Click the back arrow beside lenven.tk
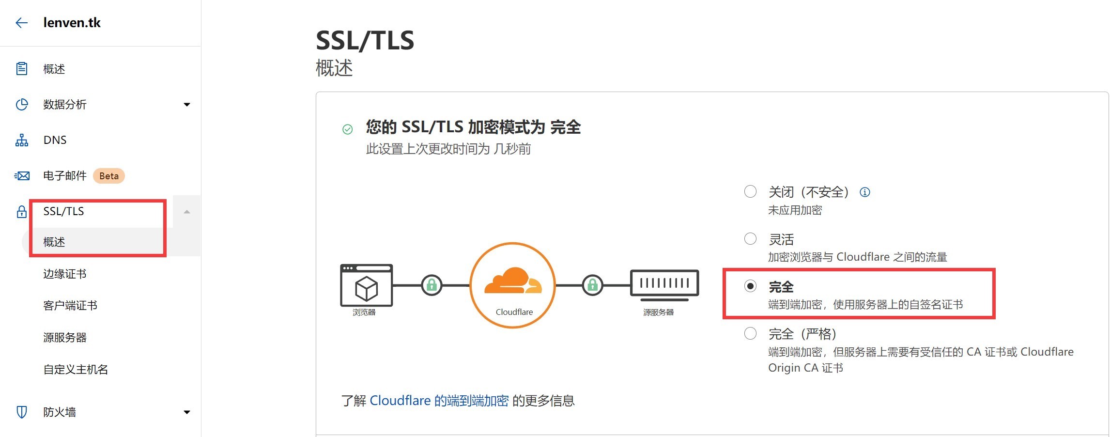click(21, 23)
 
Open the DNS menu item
click(55, 140)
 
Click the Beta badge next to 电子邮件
click(109, 176)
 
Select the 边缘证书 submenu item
click(64, 274)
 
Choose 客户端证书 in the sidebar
click(70, 306)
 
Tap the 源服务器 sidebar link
click(64, 338)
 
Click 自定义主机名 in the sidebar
click(76, 370)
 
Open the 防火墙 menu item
click(60, 412)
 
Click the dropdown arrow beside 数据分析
click(187, 105)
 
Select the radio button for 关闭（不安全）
click(750, 192)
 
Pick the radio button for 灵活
click(750, 239)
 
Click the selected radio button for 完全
click(750, 286)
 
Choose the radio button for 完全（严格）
click(750, 333)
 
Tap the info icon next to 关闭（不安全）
click(864, 192)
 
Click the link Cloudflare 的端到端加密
click(439, 401)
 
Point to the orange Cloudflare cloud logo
click(512, 281)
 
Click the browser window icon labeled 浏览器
click(367, 285)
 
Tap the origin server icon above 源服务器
click(664, 283)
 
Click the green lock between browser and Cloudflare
click(432, 285)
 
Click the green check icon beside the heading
click(347, 129)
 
